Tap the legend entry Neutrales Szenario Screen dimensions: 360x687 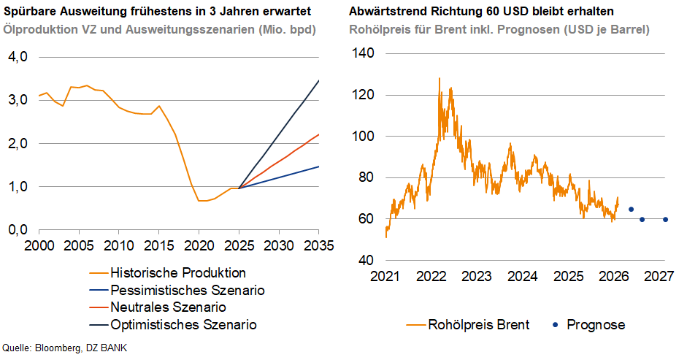point(168,307)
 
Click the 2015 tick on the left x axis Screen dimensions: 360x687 point(158,244)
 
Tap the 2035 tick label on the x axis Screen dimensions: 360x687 point(318,244)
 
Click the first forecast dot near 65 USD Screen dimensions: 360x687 point(631,209)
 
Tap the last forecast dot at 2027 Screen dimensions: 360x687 point(665,219)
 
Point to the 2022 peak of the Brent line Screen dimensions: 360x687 point(439,78)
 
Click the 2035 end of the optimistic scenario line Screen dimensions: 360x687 point(318,81)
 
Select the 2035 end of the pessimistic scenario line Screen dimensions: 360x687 point(318,166)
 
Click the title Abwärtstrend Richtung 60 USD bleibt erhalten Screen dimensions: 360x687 point(481,12)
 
